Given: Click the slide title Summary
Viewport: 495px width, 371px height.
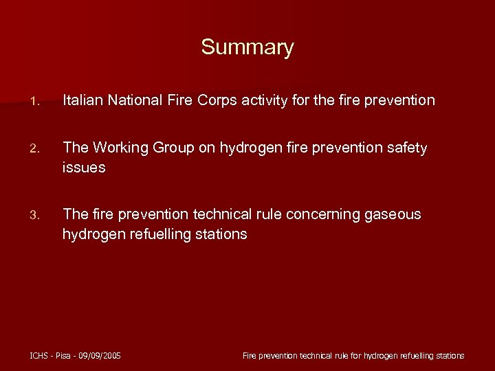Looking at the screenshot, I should (x=247, y=47).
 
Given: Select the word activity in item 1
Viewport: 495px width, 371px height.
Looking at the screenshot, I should (x=265, y=101).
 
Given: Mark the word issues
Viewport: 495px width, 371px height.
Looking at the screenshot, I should (x=84, y=167).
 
